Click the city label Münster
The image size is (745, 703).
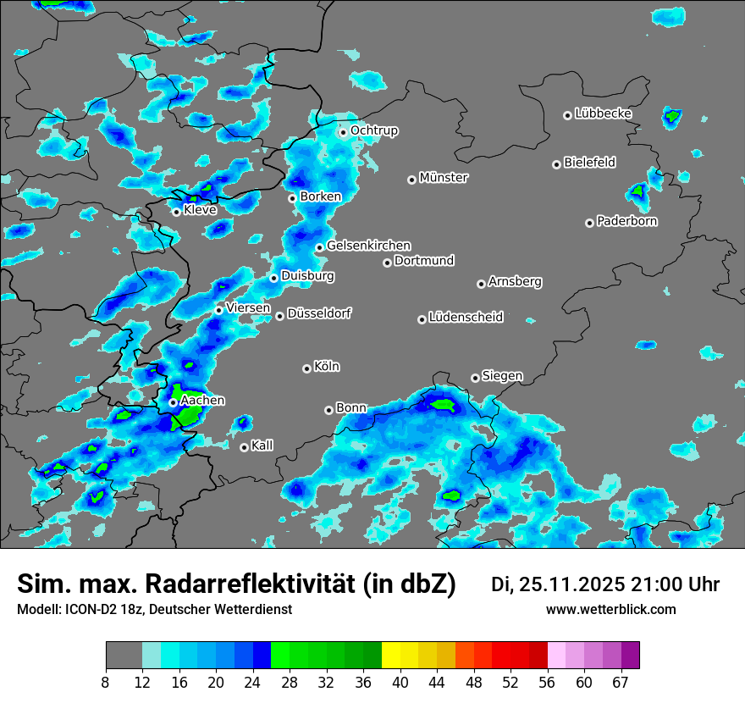pos(444,178)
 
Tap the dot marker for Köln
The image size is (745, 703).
pos(306,368)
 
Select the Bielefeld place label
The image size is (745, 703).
pos(589,163)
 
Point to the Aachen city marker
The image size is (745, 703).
pos(173,403)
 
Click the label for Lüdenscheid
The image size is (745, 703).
pos(466,318)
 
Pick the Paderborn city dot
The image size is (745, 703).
pos(589,223)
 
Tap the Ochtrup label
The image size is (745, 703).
pos(373,130)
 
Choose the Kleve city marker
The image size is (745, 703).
pos(176,212)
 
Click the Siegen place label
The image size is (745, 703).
pos(502,376)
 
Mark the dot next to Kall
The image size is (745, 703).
pos(244,447)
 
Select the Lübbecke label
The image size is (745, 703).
pos(603,113)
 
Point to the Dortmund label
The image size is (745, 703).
pos(424,261)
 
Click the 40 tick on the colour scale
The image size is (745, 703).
pos(400,682)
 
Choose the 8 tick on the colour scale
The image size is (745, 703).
pos(106,682)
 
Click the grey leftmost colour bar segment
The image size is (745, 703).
pos(124,656)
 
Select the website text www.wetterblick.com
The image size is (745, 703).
pos(610,610)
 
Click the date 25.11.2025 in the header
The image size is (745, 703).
pos(574,584)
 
